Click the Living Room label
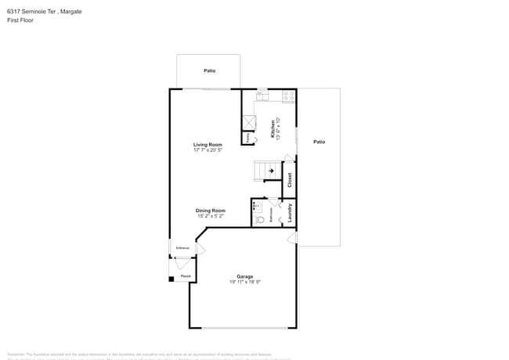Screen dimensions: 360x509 click(x=208, y=144)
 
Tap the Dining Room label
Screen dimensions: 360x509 click(x=210, y=210)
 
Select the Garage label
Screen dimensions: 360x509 click(x=245, y=276)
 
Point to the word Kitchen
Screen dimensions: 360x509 click(x=273, y=129)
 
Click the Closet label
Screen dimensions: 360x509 click(x=289, y=180)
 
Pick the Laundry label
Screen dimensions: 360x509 click(x=289, y=213)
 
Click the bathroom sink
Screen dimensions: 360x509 click(x=255, y=205)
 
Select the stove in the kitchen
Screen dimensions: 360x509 click(x=288, y=96)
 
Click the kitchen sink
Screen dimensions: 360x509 click(x=262, y=97)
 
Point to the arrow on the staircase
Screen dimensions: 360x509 click(x=271, y=170)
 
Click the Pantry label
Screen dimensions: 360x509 click(x=248, y=138)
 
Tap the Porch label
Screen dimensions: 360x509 click(x=186, y=276)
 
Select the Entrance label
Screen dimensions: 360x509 click(x=182, y=248)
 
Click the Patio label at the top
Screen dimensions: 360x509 click(x=209, y=70)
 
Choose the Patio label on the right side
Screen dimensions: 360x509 click(x=319, y=142)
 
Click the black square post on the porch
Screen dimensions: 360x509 click(x=171, y=279)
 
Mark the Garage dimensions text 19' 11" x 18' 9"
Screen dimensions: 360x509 click(x=245, y=283)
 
